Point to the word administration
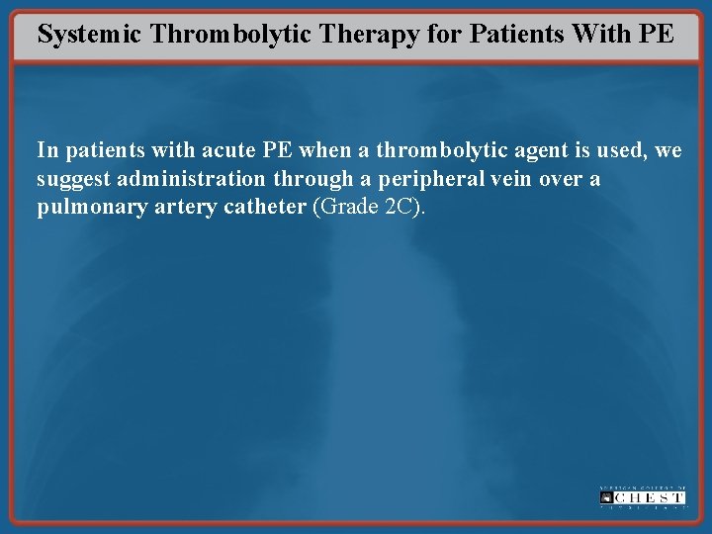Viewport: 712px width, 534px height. coord(189,180)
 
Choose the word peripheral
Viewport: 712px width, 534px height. coord(421,181)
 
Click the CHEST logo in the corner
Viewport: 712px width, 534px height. coord(642,497)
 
